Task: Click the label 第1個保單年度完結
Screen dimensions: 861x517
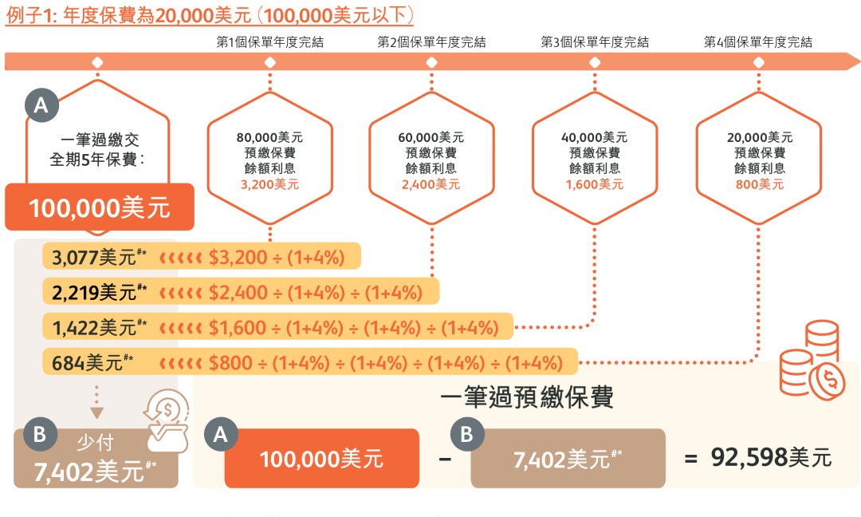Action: pos(270,41)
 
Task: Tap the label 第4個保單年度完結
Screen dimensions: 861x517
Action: pos(758,41)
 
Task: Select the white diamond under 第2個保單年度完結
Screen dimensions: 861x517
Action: pos(431,62)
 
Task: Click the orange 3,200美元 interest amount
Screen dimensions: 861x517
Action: pos(269,184)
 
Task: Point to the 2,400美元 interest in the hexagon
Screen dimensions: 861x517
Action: pos(431,184)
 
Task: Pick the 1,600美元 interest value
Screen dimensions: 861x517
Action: pos(595,184)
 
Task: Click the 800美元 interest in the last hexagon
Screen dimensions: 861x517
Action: pos(759,184)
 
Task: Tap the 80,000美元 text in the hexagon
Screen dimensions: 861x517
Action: pos(269,137)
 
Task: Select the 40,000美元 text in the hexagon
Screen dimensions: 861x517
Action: pos(595,137)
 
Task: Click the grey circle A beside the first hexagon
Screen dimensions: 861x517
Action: pos(41,105)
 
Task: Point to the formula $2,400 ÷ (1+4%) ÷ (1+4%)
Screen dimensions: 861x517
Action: pos(315,292)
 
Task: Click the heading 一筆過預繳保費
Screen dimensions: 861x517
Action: pos(527,397)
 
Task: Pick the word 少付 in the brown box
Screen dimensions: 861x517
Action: pos(94,444)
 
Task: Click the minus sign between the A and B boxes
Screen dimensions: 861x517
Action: pos(445,459)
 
